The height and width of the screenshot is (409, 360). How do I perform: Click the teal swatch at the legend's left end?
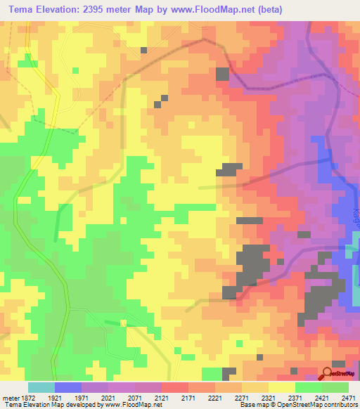(x=41, y=387)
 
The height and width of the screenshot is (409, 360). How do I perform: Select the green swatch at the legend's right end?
(x=335, y=387)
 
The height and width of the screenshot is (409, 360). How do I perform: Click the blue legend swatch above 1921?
(x=68, y=387)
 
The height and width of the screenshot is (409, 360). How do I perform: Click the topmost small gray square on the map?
(x=143, y=50)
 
